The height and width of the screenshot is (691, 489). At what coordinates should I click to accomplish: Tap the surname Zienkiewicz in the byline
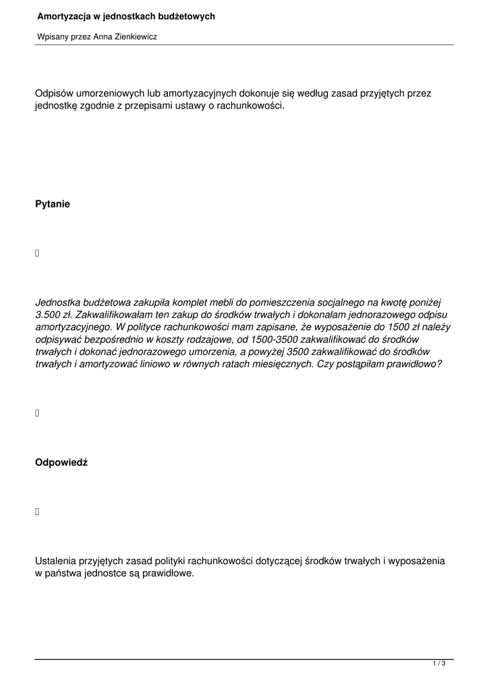[134, 37]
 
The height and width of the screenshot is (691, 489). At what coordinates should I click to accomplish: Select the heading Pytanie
[53, 204]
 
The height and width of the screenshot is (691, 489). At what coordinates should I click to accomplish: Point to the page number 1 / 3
[439, 664]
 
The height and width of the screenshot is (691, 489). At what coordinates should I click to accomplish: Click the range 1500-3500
[270, 339]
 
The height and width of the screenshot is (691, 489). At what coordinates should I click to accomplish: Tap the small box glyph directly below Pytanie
[37, 254]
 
